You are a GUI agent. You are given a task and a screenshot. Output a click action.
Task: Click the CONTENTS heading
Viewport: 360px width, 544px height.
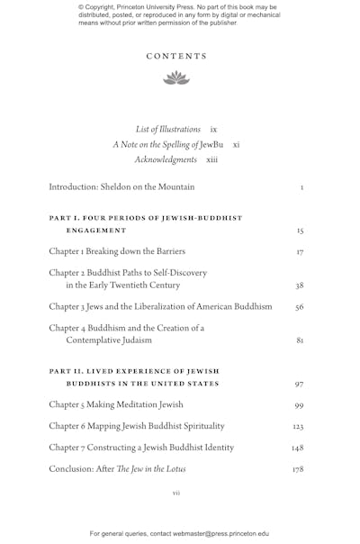[176, 56]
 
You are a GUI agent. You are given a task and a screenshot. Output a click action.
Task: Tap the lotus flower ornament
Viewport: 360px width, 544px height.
[176, 78]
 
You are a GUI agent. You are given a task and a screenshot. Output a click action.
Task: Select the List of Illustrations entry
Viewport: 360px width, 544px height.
[168, 129]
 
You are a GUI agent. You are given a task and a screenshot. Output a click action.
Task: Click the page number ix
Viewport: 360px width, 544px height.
[213, 129]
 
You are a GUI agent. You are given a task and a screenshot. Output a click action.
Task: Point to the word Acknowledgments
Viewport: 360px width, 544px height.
[166, 159]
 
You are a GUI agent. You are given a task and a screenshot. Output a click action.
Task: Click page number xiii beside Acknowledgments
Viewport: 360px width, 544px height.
[211, 159]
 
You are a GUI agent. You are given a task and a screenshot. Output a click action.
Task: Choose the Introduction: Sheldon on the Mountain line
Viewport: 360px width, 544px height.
[121, 187]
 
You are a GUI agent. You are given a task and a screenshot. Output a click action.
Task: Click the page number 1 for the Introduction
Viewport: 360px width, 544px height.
[301, 188]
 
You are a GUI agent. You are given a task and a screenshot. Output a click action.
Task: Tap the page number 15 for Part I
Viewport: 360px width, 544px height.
[300, 231]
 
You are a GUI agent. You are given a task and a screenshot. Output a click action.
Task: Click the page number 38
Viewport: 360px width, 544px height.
[300, 286]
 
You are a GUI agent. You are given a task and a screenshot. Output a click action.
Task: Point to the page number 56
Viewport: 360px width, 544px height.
[300, 307]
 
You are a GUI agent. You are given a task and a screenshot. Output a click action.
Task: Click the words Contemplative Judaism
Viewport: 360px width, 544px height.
[112, 340]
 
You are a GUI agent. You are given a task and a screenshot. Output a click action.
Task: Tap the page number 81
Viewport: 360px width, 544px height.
[300, 341]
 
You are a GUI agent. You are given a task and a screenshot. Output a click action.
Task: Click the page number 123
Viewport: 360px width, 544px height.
[298, 426]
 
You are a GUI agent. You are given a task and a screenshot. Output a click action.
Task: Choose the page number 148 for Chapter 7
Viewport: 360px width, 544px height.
[298, 448]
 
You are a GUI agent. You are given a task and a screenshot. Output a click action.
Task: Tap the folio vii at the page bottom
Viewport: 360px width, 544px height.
[176, 493]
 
